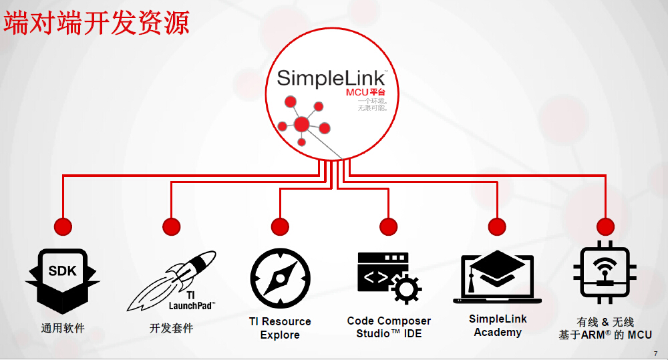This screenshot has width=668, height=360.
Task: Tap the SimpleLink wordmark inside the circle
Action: click(x=331, y=77)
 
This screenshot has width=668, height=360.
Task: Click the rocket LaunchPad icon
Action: click(x=172, y=281)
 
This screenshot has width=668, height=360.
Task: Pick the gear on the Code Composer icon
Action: click(x=405, y=288)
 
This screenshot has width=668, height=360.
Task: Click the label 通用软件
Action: click(x=63, y=328)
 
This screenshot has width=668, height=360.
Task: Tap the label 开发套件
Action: click(x=172, y=328)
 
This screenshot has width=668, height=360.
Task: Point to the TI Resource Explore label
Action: click(x=280, y=328)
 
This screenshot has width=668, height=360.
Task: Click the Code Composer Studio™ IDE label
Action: click(x=389, y=327)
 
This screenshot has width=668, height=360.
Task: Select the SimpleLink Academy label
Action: click(x=498, y=325)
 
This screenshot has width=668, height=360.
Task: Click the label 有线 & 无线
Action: click(x=605, y=322)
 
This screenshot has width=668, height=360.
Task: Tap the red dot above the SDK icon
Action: click(x=63, y=226)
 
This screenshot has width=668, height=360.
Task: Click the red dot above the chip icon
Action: click(x=605, y=226)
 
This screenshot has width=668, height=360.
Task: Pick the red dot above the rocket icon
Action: click(x=172, y=226)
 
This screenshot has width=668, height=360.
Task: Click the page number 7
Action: click(x=655, y=353)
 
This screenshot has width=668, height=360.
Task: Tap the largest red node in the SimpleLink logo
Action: click(x=302, y=124)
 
